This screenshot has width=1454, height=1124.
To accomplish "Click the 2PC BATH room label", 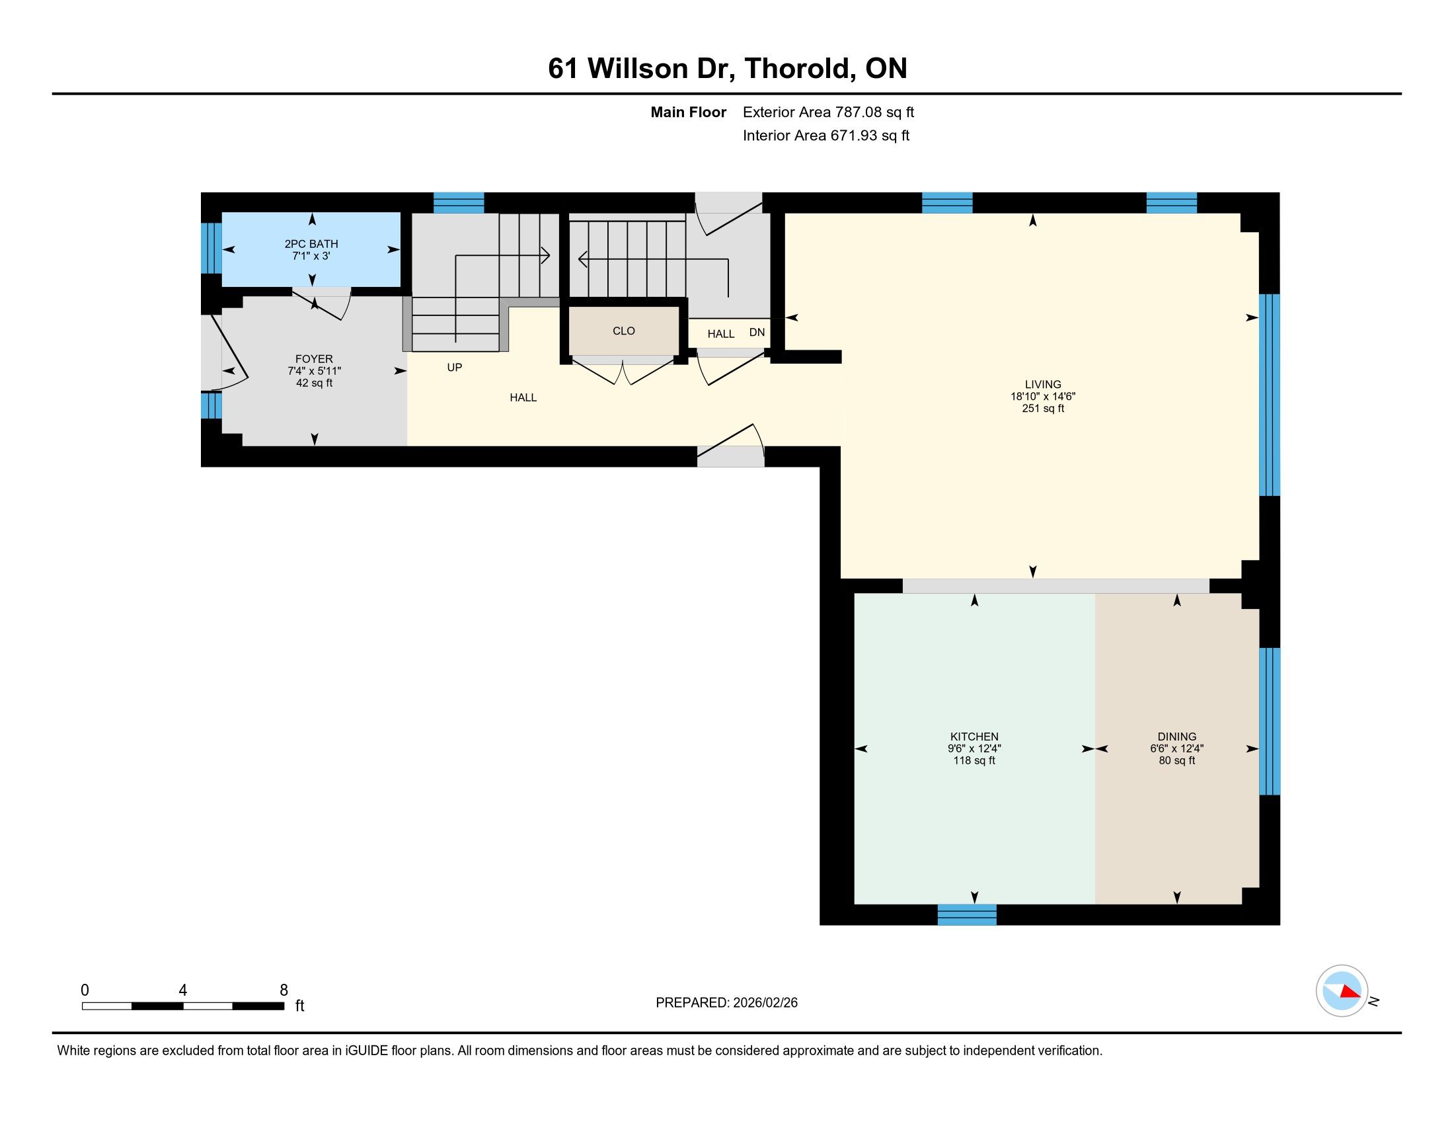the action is tap(311, 244).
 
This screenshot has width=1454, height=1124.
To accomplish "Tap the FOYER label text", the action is tap(314, 359).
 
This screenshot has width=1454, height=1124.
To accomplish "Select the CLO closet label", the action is tap(624, 331).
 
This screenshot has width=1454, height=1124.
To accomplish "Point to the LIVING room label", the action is tap(1043, 384).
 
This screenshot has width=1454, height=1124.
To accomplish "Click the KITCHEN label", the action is tap(974, 737).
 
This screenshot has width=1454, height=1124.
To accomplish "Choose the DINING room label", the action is tap(1177, 737).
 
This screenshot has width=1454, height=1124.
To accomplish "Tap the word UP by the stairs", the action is tap(455, 368).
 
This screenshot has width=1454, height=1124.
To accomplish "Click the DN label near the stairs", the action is tap(757, 333).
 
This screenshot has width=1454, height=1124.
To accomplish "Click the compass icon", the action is tap(1342, 991).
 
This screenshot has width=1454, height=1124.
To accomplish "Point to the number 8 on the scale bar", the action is tap(284, 990).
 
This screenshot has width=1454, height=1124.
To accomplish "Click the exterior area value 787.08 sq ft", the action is tap(875, 112).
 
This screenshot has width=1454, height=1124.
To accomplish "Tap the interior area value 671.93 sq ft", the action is tap(870, 136).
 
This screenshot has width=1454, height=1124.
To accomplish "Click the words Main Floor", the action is tap(689, 112).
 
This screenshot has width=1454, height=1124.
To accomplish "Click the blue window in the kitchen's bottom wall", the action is tap(967, 914).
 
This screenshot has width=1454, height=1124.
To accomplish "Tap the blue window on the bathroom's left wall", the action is tap(211, 248).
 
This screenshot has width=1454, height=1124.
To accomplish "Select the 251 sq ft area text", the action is tap(1043, 408).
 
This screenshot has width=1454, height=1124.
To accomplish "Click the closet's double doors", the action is tap(623, 372).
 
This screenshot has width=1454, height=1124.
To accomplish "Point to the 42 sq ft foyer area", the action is tap(314, 383).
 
